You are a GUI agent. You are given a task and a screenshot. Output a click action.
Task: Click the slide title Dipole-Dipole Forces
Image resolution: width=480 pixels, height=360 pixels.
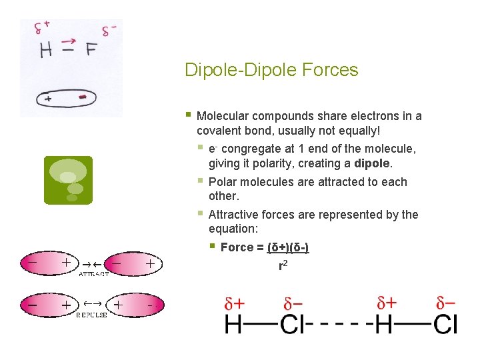[271, 70]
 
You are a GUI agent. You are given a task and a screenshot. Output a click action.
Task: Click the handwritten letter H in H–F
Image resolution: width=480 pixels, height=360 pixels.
[46, 50]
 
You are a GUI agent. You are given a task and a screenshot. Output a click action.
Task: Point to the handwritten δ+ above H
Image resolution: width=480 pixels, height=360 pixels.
[42, 28]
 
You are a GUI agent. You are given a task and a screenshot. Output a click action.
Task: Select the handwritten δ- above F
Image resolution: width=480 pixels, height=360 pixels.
[109, 31]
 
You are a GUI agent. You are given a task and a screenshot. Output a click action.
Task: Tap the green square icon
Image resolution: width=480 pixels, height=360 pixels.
[68, 180]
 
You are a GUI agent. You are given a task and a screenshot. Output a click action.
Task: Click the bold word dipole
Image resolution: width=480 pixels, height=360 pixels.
[373, 163]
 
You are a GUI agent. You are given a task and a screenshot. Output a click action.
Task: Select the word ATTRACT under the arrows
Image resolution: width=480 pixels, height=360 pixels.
[94, 273]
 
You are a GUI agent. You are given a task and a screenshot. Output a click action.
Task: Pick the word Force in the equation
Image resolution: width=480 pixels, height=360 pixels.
[235, 247]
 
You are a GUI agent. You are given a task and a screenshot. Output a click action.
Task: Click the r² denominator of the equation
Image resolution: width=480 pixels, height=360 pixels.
[283, 265]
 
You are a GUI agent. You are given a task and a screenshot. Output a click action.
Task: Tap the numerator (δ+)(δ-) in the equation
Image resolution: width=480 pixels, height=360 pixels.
[288, 247]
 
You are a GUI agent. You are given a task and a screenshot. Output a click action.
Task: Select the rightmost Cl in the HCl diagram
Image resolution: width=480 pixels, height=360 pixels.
[445, 325]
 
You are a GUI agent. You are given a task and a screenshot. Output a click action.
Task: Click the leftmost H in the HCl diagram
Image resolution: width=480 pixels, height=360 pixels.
[234, 325]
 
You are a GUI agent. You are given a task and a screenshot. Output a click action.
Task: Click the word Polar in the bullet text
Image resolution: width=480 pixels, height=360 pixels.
[223, 182]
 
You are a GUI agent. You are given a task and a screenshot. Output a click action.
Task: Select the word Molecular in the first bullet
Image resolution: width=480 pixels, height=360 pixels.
[223, 116]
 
